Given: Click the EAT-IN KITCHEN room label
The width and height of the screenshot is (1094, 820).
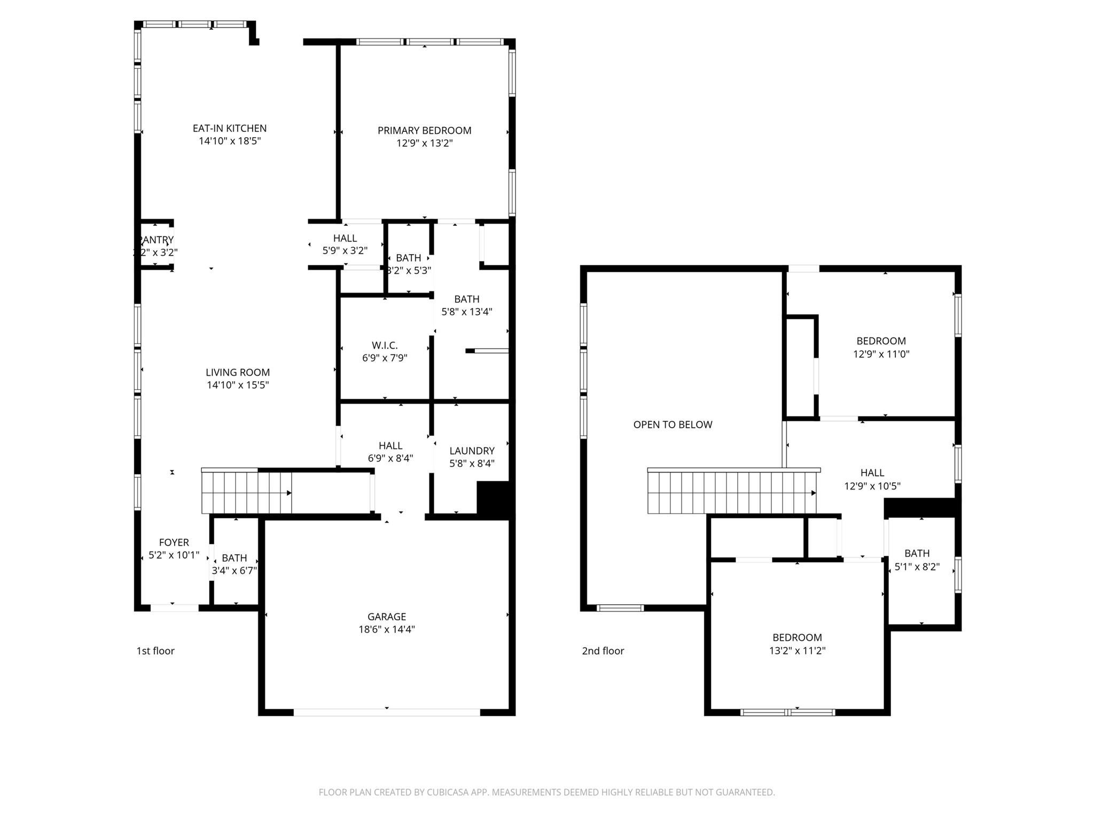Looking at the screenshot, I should (230, 128).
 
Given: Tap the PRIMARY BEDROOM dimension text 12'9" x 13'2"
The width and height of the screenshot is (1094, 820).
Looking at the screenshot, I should (424, 143).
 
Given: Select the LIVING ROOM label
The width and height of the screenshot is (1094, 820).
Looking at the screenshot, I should (238, 372).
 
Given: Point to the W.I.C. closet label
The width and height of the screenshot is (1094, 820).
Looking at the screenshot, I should (385, 345).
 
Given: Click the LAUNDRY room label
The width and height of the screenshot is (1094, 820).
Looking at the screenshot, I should (472, 451).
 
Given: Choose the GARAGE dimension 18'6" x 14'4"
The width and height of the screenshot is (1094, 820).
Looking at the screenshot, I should (386, 629).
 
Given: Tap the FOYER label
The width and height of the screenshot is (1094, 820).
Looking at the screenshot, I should (174, 542).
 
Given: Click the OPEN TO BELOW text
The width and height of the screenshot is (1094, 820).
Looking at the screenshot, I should (673, 424).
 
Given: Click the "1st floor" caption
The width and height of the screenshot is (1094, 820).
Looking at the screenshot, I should (155, 651).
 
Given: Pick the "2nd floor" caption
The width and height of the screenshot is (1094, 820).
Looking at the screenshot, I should (603, 651).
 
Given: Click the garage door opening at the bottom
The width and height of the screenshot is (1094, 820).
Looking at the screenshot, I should (386, 712).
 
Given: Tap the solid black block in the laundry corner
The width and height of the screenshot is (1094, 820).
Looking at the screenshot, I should (494, 499).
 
